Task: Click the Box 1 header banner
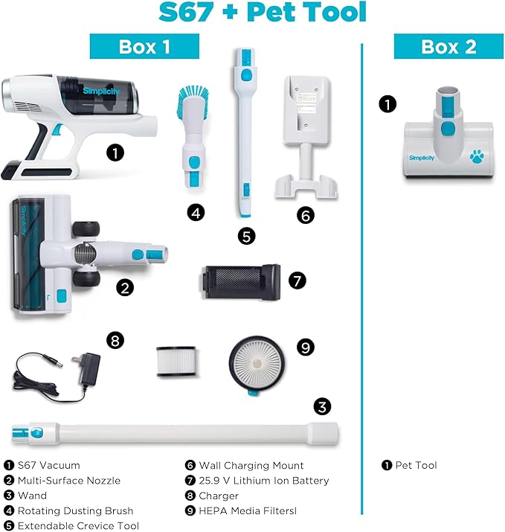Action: click(144, 46)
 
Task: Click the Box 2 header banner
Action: click(448, 46)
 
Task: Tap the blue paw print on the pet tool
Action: click(477, 156)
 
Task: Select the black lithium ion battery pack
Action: click(240, 282)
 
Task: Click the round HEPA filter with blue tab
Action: click(257, 365)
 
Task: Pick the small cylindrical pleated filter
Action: click(176, 361)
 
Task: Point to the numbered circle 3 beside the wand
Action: click(322, 406)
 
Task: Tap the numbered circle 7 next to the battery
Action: click(297, 281)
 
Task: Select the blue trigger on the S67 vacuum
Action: click(58, 129)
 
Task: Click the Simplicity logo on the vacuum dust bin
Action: click(101, 91)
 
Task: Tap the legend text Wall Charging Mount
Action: click(251, 465)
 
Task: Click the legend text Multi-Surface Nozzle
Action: click(69, 481)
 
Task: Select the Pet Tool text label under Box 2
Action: click(416, 465)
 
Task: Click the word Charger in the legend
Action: click(219, 496)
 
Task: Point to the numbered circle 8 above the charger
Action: click(115, 340)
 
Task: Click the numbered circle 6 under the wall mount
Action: click(305, 215)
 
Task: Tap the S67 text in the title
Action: click(186, 12)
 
